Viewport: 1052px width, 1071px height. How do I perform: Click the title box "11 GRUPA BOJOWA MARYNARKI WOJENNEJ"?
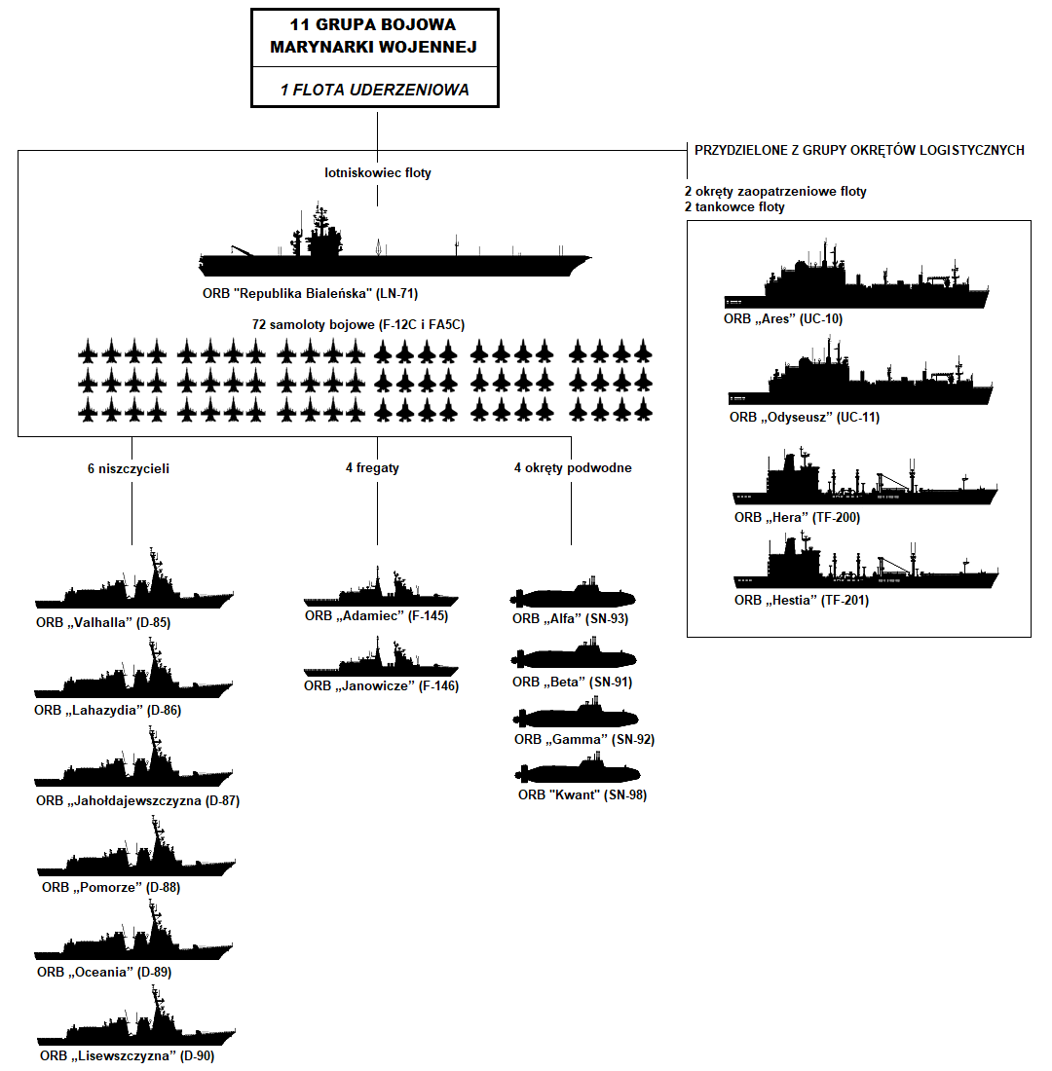pos(375,35)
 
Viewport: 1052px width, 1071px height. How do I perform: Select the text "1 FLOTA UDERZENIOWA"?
pos(375,90)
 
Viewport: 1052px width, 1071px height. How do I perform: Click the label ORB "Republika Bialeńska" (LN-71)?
pos(304,293)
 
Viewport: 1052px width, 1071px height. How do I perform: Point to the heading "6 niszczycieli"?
pos(129,468)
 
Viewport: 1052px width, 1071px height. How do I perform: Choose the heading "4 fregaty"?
pos(372,468)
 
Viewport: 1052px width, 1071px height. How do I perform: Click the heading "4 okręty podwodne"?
pos(573,468)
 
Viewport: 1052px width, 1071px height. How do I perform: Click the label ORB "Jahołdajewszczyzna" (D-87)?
pos(137,801)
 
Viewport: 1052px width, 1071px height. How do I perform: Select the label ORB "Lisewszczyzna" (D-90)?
pos(127,1056)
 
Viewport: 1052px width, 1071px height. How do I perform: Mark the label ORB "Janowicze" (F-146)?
pos(381,686)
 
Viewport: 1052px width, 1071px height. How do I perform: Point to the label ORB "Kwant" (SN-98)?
pos(582,795)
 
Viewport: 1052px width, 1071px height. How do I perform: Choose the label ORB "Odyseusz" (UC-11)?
pos(805,418)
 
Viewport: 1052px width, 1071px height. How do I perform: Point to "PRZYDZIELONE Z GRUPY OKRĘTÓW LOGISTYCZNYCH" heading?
pos(859,151)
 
